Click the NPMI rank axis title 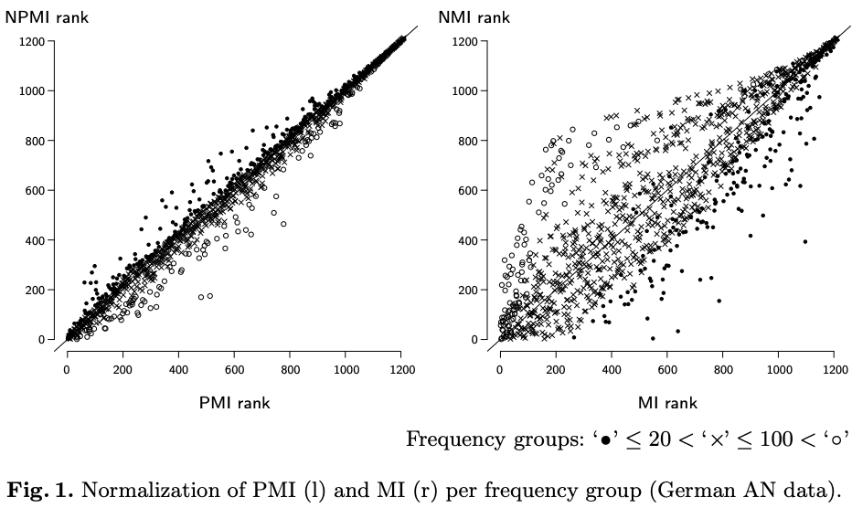pos(47,16)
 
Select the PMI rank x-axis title pos(234,402)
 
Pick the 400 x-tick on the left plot pos(178,370)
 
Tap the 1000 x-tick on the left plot pos(346,370)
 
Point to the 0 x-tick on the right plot pos(500,370)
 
